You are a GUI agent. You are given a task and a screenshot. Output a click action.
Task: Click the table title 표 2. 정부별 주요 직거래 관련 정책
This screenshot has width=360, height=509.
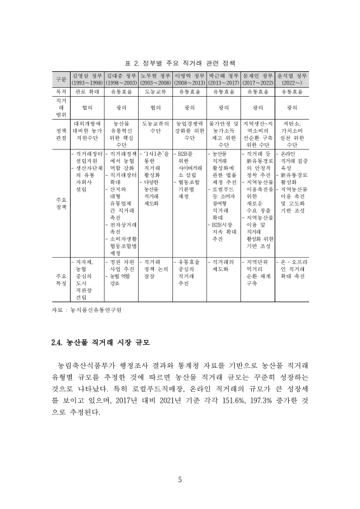180,64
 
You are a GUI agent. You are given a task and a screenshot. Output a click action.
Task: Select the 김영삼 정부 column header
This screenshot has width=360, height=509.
87,80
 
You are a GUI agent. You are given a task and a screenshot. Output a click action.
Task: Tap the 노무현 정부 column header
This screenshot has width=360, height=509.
155,80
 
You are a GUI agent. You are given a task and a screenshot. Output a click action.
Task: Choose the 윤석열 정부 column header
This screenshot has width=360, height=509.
293,80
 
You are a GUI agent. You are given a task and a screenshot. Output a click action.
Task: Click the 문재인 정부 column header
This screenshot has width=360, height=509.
258,80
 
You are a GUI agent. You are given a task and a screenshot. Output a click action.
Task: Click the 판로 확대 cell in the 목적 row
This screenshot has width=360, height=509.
87,92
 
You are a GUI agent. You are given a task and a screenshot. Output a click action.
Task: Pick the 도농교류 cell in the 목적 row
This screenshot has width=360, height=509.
155,92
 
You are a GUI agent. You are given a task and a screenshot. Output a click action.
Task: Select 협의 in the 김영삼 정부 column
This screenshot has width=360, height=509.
87,108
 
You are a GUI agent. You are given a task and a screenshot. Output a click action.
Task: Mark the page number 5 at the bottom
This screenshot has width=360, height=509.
180,480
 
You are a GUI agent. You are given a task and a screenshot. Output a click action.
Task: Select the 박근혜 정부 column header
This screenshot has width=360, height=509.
224,80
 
